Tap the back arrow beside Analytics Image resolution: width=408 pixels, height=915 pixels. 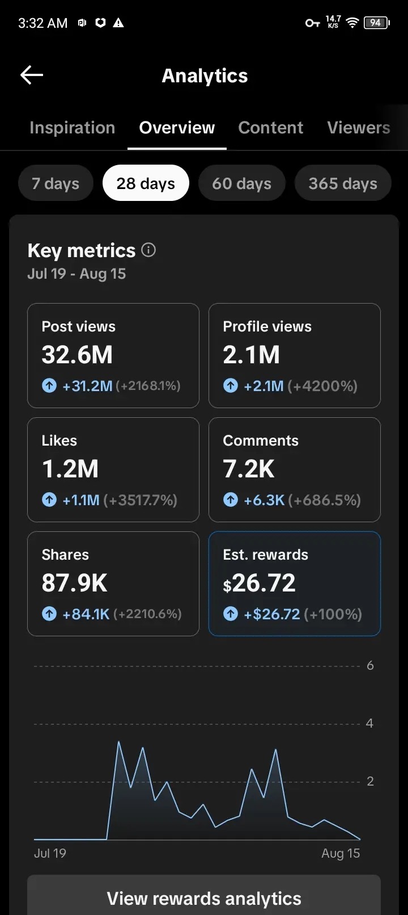pos(32,75)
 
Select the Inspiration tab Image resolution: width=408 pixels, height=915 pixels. pos(72,128)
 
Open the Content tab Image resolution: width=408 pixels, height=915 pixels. pos(270,128)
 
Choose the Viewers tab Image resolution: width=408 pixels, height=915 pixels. pos(359,128)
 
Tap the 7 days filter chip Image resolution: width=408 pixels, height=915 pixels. pos(56,183)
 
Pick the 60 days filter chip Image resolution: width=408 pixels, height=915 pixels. pos(241,183)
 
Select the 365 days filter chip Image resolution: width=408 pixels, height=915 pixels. pos(343,183)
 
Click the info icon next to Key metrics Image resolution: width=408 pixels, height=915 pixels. pos(148,250)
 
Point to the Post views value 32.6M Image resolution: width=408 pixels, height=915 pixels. pos(77,355)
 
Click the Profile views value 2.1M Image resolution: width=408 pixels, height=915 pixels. pos(252,355)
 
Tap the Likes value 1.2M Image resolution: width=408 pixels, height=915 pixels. pos(70,468)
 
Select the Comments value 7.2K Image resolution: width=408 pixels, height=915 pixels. pos(248,468)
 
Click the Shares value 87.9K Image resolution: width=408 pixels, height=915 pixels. pos(74,582)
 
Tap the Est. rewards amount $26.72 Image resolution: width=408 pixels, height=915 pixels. pos(259,583)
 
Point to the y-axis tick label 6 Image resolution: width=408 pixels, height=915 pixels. pos(370,665)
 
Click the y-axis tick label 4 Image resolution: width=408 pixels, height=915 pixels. pos(369,723)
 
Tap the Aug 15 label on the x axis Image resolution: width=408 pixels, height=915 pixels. pos(341,853)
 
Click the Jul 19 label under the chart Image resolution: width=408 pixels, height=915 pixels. pos(50,853)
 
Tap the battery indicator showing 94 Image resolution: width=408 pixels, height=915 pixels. pos(377,23)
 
